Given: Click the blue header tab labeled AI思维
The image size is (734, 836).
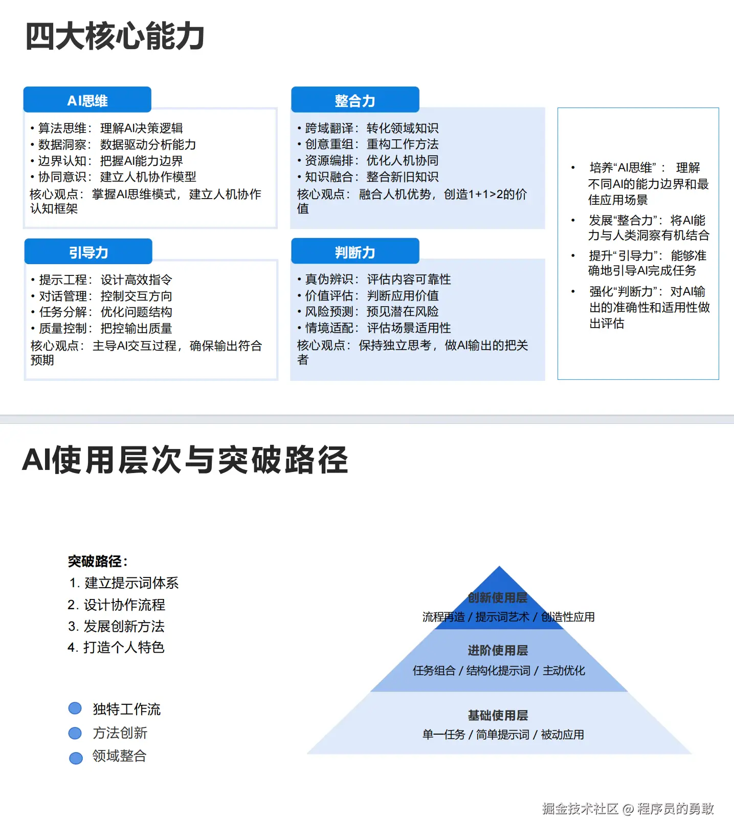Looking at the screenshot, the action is (x=87, y=100).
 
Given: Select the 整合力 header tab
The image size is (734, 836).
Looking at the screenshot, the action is (x=355, y=100).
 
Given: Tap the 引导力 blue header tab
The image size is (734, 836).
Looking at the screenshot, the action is (x=88, y=252).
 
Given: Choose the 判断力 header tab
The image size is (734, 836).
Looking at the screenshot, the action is (x=355, y=252).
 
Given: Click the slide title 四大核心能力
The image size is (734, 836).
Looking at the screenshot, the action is (x=115, y=37).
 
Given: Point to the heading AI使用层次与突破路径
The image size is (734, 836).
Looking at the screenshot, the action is (x=185, y=460).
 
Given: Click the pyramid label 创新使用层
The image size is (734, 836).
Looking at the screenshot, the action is (x=498, y=597).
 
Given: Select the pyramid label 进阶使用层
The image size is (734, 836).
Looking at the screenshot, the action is (x=498, y=650).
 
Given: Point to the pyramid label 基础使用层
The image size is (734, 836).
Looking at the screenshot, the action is (x=498, y=715).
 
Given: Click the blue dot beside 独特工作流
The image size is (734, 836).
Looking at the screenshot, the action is (x=75, y=708).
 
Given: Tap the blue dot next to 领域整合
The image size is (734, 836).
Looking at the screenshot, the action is (x=76, y=758).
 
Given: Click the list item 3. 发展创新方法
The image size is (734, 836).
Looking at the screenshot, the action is (x=117, y=626).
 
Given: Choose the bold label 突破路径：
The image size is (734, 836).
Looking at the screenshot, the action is (x=98, y=561).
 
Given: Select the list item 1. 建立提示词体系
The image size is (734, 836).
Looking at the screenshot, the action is (x=124, y=583).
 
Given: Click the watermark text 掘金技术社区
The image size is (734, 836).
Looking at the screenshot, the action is (x=580, y=808).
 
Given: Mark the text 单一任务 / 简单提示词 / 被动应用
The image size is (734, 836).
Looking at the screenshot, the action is (x=503, y=735).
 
